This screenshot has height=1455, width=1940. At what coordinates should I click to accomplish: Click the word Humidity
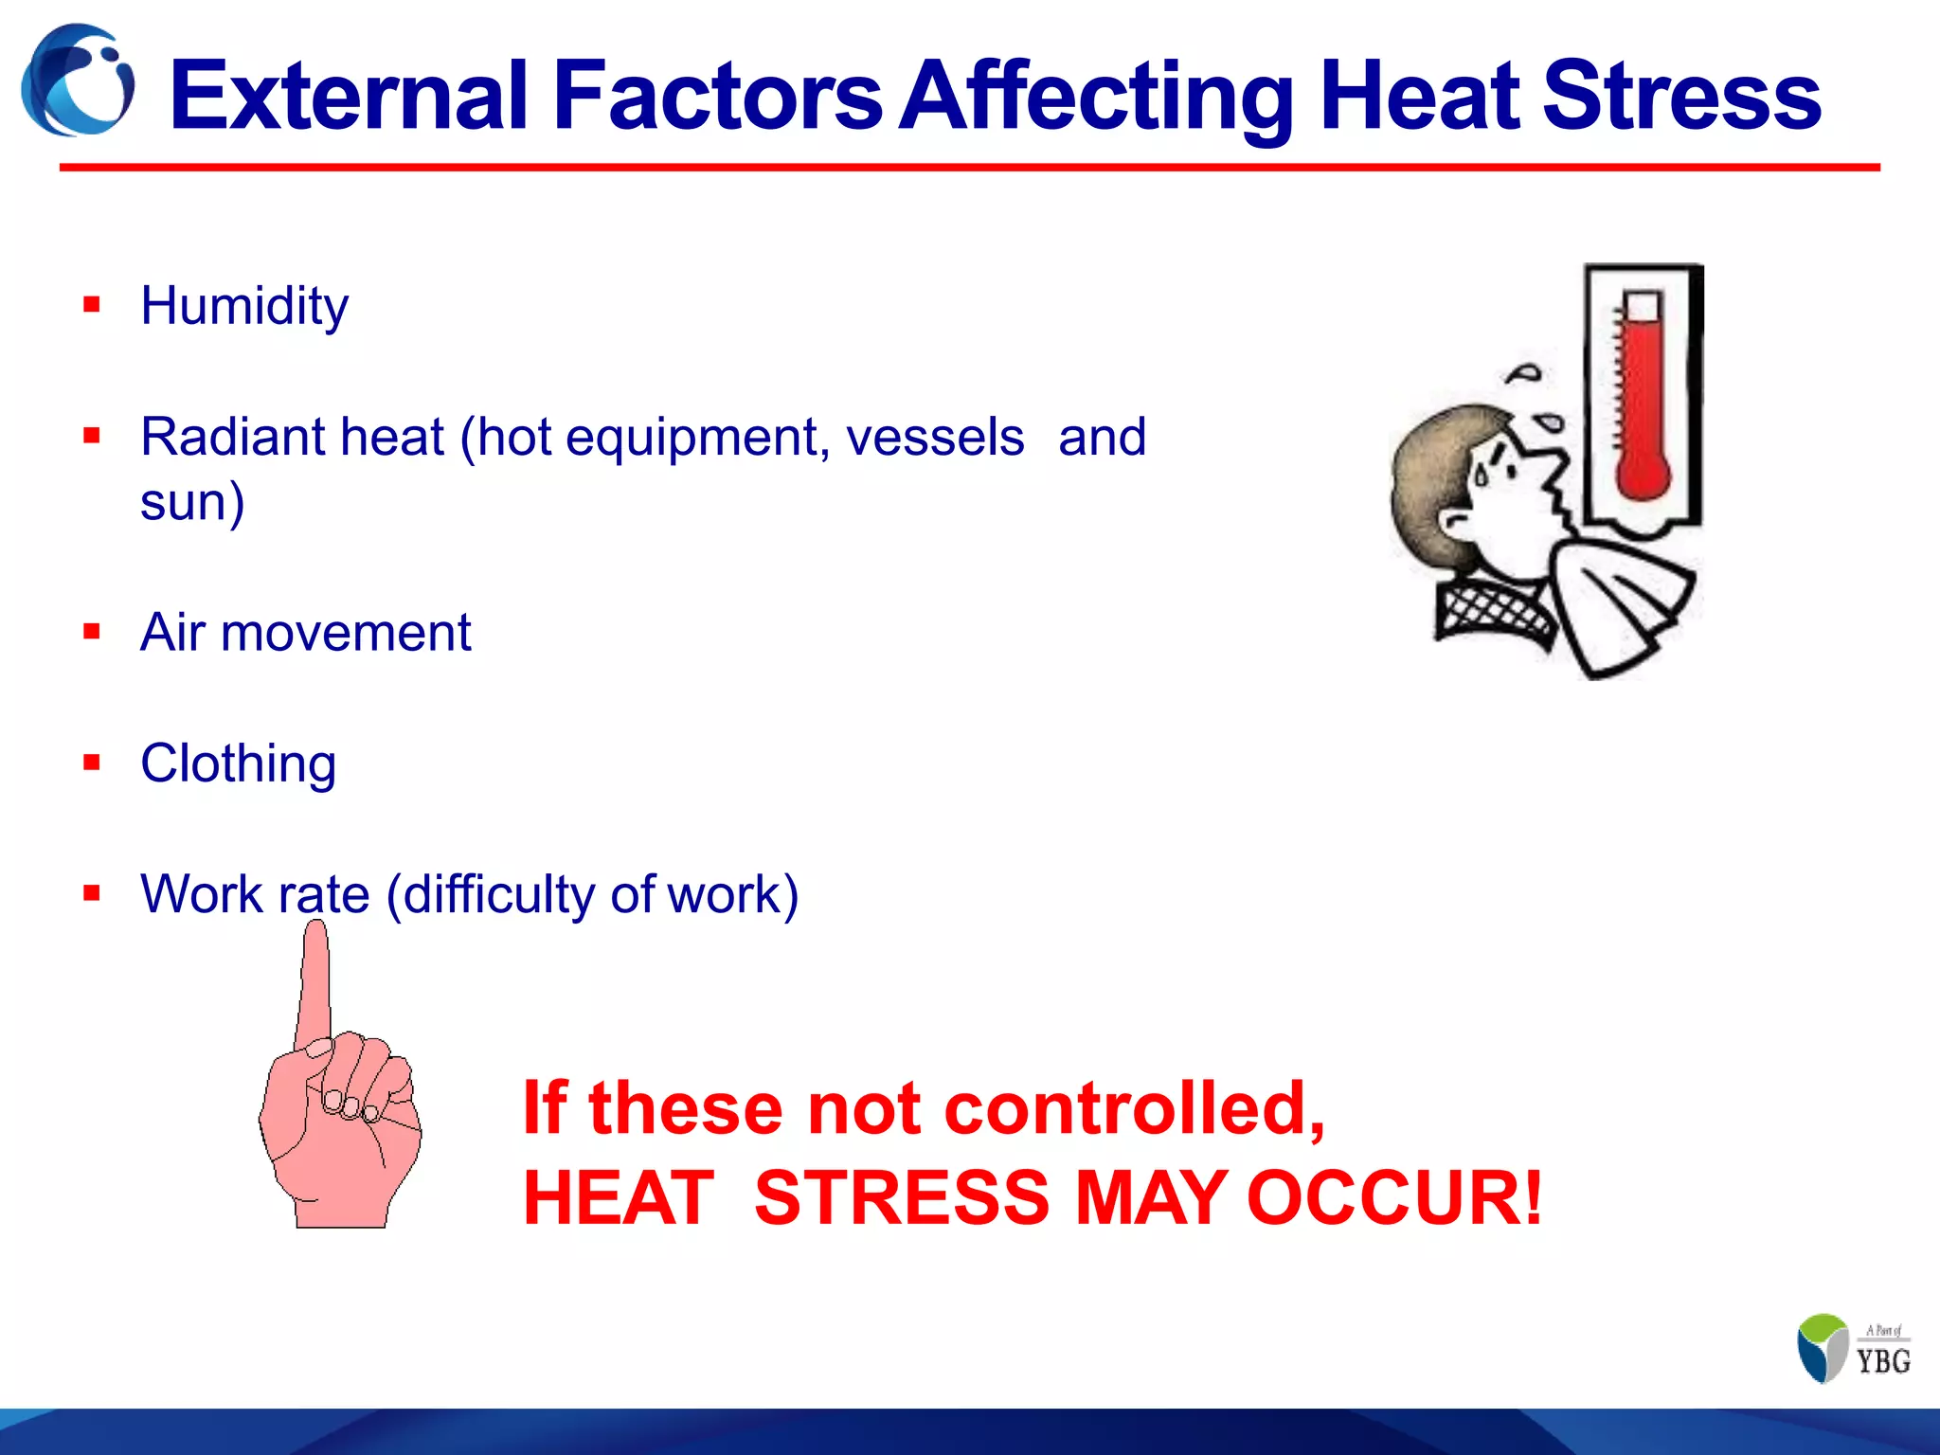[244, 307]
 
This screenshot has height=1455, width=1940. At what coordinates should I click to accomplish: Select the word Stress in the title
[1681, 95]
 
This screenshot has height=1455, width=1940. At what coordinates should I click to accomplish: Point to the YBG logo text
[1883, 1360]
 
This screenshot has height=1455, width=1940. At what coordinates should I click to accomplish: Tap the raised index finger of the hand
[315, 985]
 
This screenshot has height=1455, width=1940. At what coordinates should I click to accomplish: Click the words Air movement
[305, 633]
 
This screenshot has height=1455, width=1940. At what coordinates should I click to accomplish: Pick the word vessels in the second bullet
[935, 438]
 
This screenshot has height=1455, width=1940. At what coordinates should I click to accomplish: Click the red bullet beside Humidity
[92, 305]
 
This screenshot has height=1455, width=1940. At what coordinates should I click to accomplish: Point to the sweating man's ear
[1456, 522]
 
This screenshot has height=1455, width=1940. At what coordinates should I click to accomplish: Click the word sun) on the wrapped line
[192, 502]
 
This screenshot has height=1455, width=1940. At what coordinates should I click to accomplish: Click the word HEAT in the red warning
[619, 1197]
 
